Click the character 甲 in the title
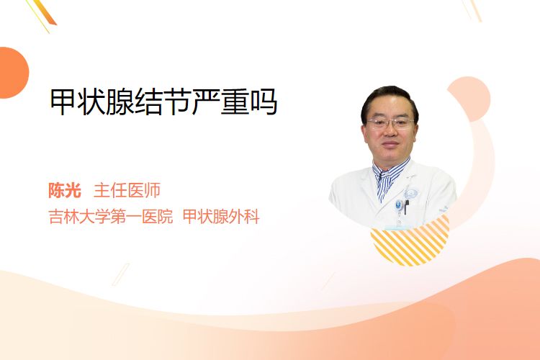tap(64, 102)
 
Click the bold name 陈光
tap(65, 190)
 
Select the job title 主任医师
tap(127, 190)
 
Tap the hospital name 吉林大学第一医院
tap(111, 217)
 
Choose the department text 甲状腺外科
tap(221, 217)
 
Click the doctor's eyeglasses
tap(390, 123)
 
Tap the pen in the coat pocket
tap(406, 207)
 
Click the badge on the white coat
tap(398, 206)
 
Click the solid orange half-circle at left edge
tap(13, 73)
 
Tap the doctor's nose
tap(390, 131)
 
